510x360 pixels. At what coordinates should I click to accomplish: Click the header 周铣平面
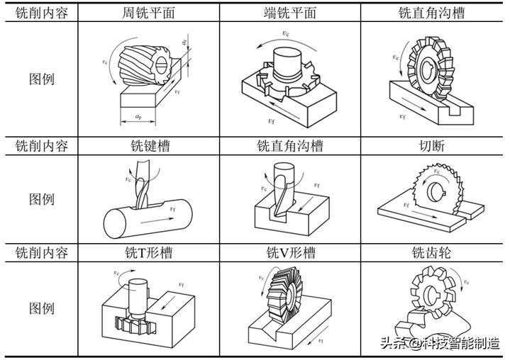(149, 13)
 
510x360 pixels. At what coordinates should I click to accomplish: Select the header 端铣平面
(289, 13)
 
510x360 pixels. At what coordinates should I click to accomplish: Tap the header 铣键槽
(149, 146)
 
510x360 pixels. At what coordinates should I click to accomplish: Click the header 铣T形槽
(149, 252)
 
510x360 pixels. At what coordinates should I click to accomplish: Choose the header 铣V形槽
(289, 252)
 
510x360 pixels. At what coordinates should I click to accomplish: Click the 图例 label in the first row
(42, 79)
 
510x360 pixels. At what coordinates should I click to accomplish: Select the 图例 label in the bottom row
(42, 308)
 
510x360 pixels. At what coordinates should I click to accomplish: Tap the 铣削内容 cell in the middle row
(42, 146)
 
